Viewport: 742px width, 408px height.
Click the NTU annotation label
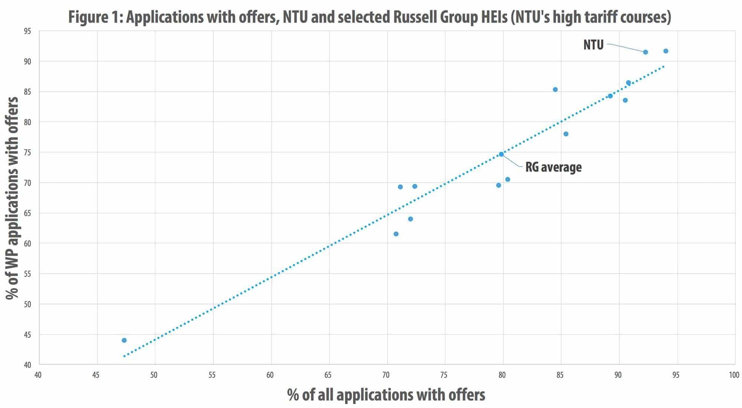pyautogui.click(x=594, y=45)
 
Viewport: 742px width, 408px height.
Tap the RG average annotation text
pyautogui.click(x=553, y=167)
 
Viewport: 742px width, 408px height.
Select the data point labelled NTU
pyautogui.click(x=645, y=52)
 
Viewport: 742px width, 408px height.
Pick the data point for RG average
pyautogui.click(x=501, y=154)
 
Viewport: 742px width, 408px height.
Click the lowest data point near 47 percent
pyautogui.click(x=124, y=340)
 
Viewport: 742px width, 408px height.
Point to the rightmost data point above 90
pyautogui.click(x=666, y=51)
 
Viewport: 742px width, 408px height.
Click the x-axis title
pyautogui.click(x=386, y=395)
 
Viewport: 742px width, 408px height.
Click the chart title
pyautogui.click(x=370, y=17)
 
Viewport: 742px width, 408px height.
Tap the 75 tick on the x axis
pyautogui.click(x=444, y=375)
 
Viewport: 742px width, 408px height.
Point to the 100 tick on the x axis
pyautogui.click(x=734, y=375)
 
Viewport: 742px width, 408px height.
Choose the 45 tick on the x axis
pyautogui.click(x=96, y=375)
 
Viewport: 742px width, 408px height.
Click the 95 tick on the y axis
pyautogui.click(x=27, y=31)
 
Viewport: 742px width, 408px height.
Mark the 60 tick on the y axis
pyautogui.click(x=27, y=244)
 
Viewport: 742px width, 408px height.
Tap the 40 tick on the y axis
pyautogui.click(x=27, y=365)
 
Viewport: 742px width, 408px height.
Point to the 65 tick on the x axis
pyautogui.click(x=328, y=375)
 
